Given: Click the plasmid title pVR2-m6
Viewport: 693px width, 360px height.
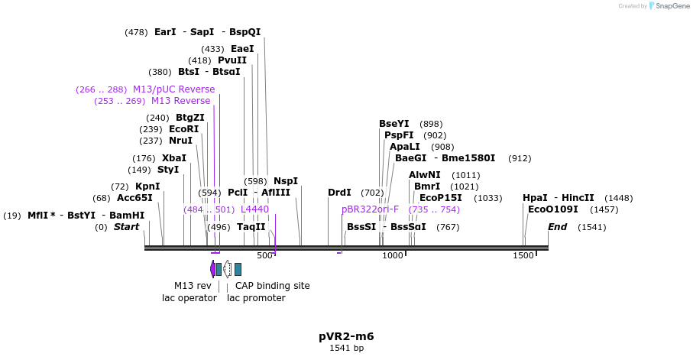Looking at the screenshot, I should click(346, 336).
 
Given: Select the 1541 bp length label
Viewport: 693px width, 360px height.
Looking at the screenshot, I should click(346, 349).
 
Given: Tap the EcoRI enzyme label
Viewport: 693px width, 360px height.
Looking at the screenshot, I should click(183, 129).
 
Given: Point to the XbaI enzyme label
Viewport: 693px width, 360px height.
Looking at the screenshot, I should click(174, 158).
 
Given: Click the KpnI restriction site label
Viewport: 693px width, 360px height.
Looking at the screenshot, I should click(147, 186).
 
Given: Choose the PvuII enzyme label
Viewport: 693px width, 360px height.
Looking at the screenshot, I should click(232, 60).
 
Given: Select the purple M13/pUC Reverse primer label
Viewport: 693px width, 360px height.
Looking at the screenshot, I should click(173, 89).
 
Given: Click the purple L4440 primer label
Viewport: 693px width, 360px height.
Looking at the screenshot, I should click(254, 209).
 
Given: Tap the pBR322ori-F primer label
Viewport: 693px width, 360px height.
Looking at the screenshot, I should click(370, 209).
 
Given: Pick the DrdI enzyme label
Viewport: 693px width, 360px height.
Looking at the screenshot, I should click(339, 193).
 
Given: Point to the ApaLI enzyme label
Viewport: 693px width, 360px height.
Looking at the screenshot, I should click(404, 147).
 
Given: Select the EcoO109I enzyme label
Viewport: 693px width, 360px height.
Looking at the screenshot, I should click(552, 209).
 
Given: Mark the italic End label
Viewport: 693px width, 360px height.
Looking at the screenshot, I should click(557, 227).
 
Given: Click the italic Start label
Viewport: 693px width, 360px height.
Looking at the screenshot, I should click(127, 227).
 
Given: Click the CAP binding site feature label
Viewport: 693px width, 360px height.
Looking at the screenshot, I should click(272, 286).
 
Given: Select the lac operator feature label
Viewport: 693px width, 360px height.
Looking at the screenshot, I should click(189, 298).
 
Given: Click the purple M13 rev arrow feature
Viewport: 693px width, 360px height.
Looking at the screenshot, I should click(212, 268).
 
